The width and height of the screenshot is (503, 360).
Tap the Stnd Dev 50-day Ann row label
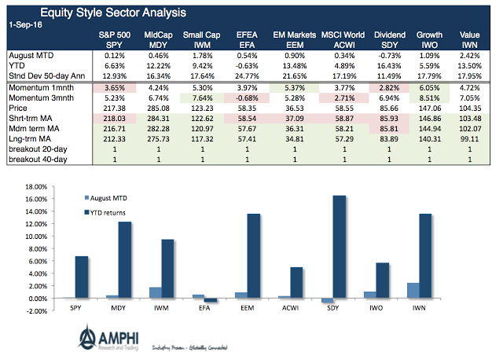(x=47, y=75)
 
